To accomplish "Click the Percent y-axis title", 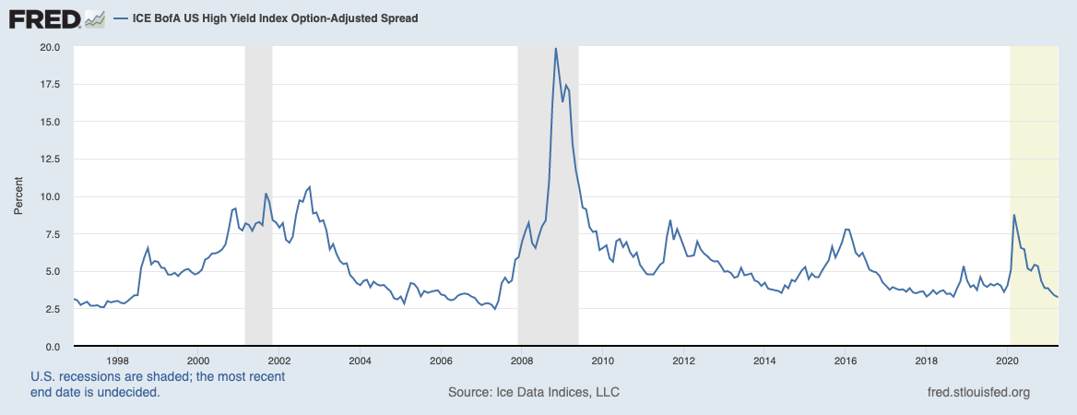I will pos(18,196).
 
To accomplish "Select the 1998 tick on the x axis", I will pos(116,361).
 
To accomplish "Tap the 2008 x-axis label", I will pos(522,361).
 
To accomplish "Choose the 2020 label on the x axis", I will pos(1008,361).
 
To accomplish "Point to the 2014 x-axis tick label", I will pos(764,361).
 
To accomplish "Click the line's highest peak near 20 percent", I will pos(555,48).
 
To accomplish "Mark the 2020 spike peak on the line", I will pos(1014,215).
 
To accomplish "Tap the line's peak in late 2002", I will pos(309,187).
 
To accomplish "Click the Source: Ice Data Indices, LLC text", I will pos(534,393).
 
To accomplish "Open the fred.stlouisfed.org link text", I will pos(977,393).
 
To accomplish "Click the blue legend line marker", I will pos(121,18).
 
